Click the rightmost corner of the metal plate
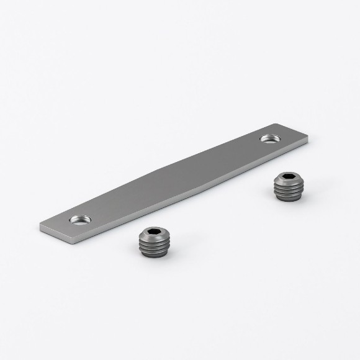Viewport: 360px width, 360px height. pos(308,140)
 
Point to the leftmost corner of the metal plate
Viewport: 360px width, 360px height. pos(40,226)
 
